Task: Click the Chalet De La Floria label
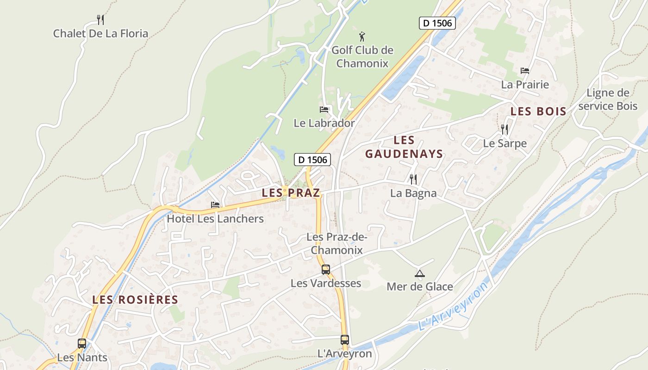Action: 100,33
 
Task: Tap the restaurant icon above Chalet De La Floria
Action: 100,19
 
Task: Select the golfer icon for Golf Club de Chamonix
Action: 362,36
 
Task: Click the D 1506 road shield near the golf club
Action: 437,23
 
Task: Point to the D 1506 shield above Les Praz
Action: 312,160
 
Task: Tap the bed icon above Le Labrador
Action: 324,110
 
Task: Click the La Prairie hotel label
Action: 525,85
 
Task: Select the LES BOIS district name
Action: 538,111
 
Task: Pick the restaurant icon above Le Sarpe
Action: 505,129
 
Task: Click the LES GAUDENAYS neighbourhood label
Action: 404,147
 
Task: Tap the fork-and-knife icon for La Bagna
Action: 413,179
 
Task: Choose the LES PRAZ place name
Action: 291,193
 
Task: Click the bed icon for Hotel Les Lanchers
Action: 215,204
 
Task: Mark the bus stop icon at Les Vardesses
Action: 326,269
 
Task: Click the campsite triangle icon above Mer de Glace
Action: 420,273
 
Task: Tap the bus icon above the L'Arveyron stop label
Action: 344,339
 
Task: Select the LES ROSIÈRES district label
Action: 135,300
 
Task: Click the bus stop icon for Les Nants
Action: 82,343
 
